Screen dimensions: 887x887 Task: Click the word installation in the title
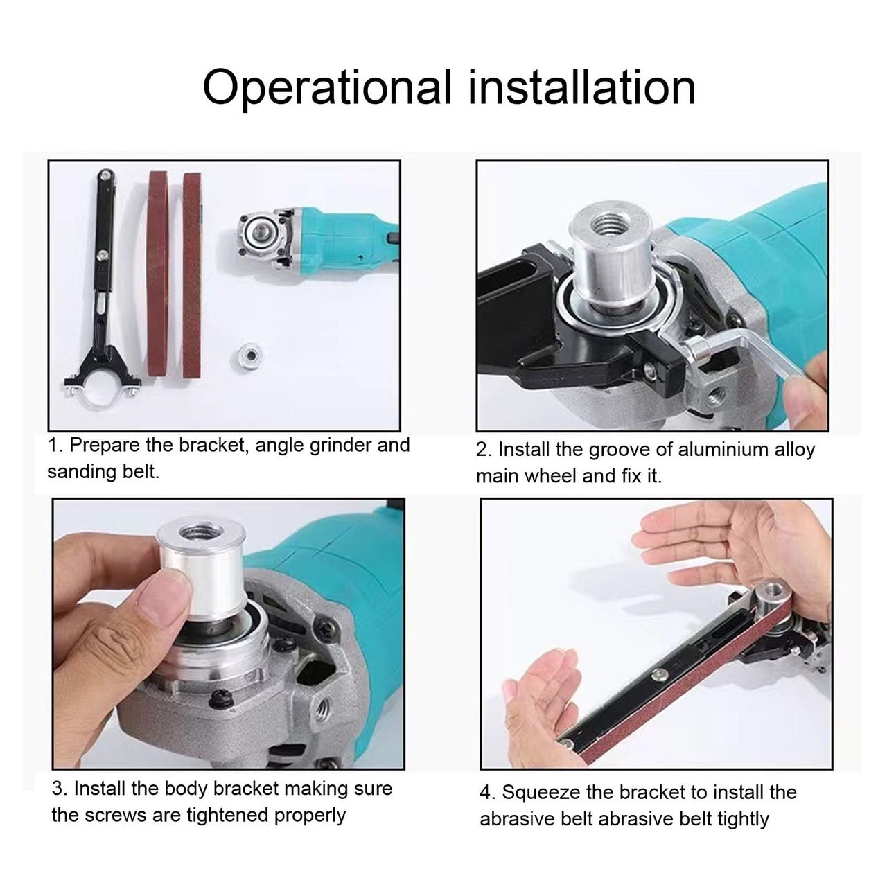point(581,87)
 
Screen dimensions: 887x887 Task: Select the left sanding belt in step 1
point(158,274)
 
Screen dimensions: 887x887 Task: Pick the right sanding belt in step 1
point(193,275)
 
